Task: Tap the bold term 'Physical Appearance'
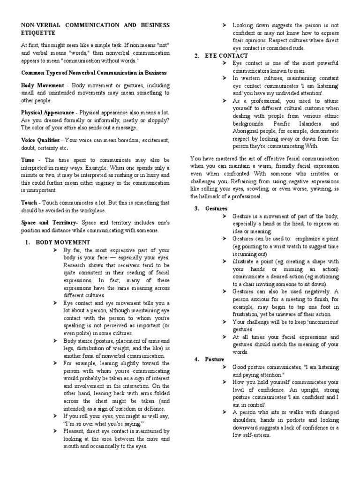47,112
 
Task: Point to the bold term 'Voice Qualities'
40,140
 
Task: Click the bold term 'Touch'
29,202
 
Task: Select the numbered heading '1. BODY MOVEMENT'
57,242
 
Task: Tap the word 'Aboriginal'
247,131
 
